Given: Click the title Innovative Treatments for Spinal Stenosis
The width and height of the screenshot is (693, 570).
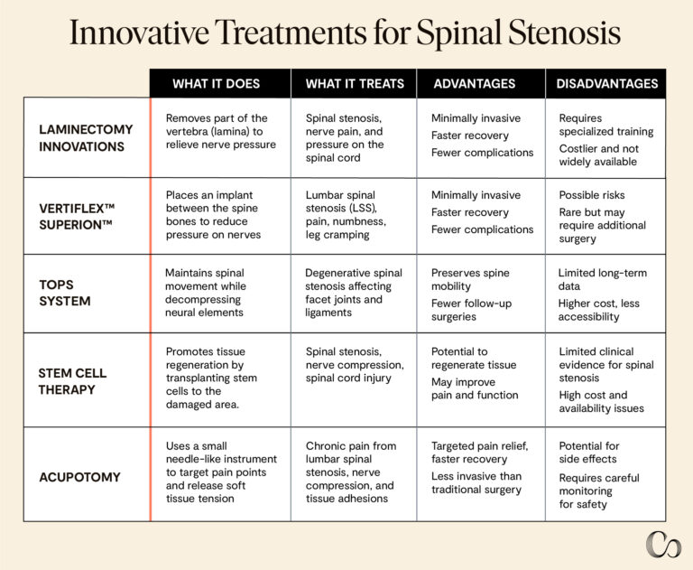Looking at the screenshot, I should tap(346, 34).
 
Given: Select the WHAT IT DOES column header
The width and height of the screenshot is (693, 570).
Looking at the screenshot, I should tap(216, 84).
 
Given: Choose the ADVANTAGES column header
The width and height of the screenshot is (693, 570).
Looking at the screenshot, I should tap(475, 84).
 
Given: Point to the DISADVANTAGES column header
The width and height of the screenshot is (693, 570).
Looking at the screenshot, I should tap(606, 84).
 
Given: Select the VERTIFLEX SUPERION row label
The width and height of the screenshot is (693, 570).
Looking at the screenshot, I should tap(78, 216).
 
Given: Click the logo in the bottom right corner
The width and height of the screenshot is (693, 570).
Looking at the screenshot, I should tap(663, 545).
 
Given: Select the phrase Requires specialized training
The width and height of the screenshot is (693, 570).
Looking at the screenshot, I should tap(605, 125).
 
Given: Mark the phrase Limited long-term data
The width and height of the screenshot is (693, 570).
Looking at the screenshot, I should tap(602, 280).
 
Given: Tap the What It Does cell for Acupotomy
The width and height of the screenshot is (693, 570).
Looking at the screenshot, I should tap(219, 472).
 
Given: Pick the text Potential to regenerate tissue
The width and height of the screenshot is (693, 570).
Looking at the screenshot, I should tap(473, 358).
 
